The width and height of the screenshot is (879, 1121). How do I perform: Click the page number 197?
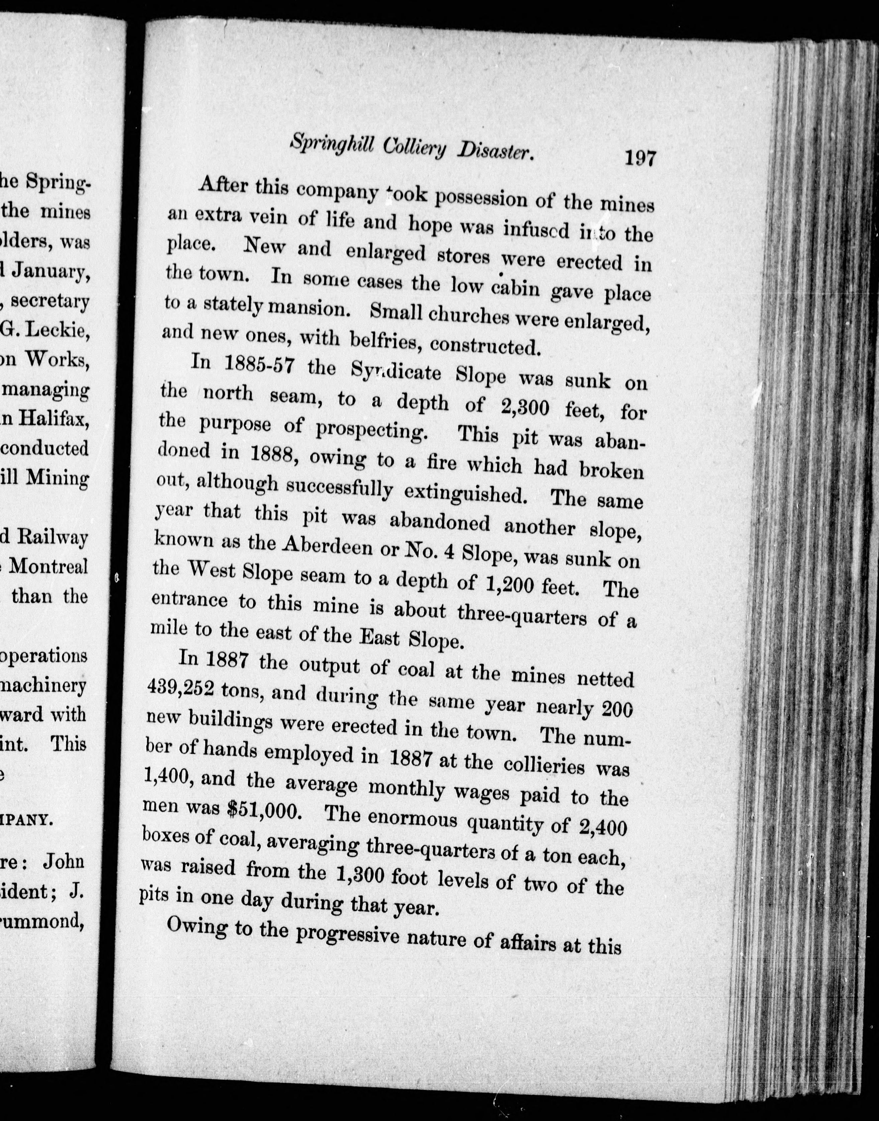pyautogui.click(x=639, y=158)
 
